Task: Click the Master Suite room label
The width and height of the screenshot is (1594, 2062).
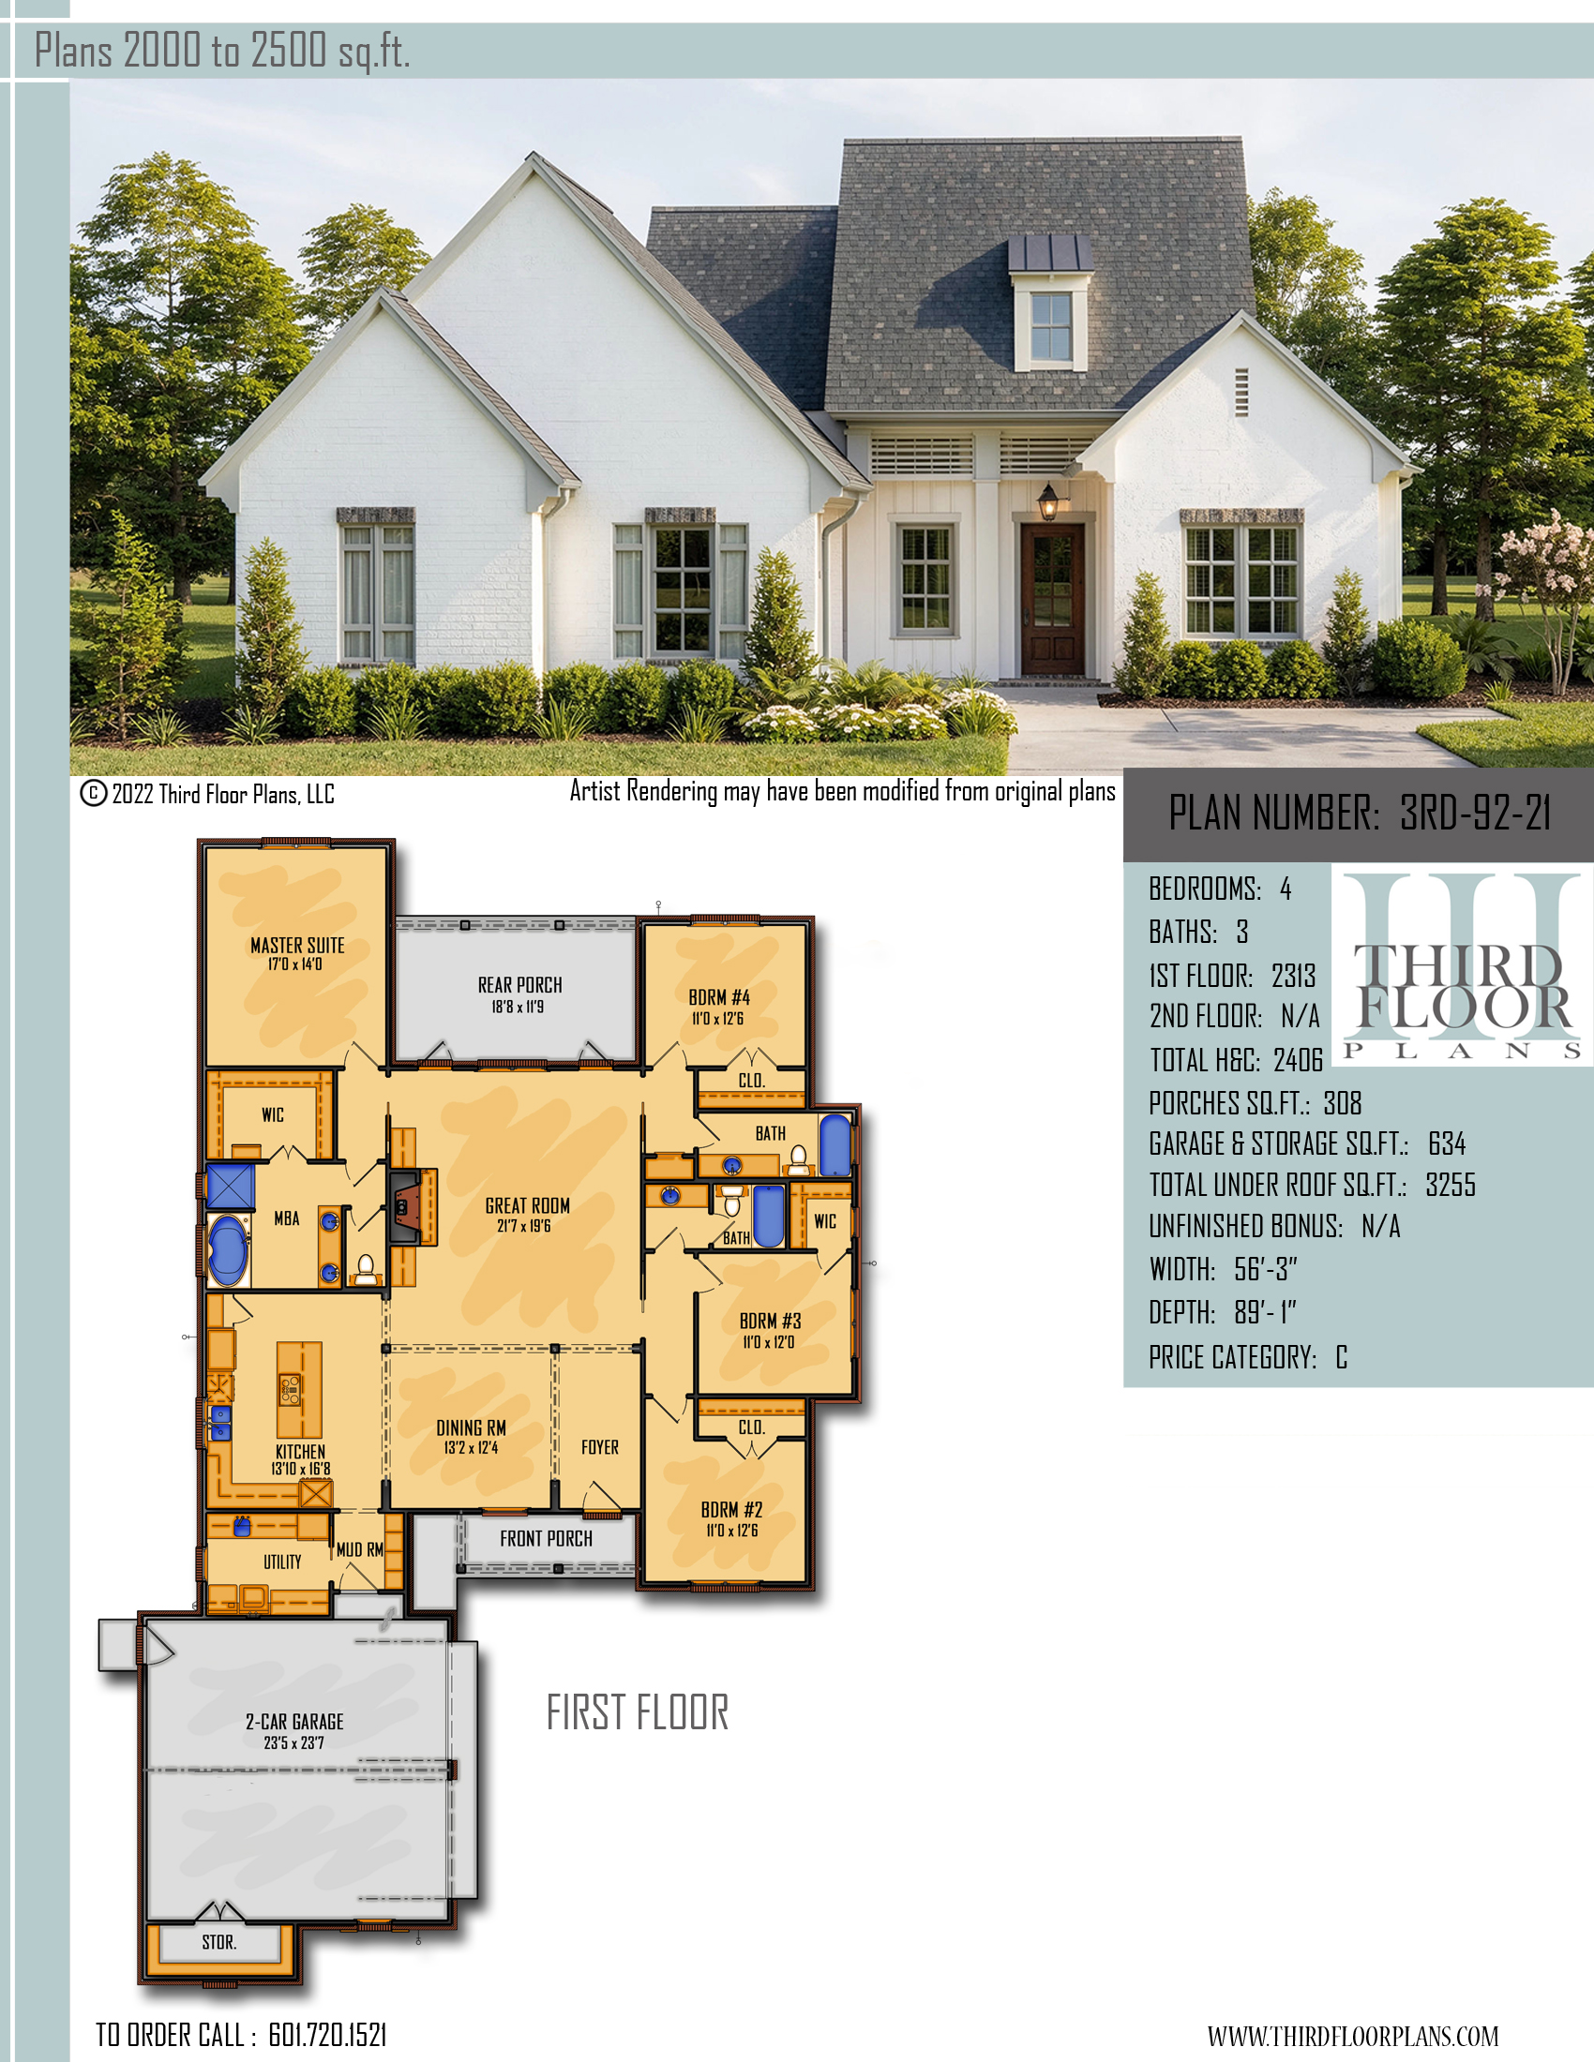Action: [x=297, y=945]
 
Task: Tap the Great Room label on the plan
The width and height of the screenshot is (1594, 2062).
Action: [x=527, y=1205]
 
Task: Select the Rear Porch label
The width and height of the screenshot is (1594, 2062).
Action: [x=519, y=985]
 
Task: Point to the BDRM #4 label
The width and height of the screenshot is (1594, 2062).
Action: [x=718, y=997]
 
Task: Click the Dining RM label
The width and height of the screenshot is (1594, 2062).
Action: [x=471, y=1427]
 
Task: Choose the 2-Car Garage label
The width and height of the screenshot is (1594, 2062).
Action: [x=294, y=1721]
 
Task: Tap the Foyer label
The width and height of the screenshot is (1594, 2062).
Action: [x=600, y=1447]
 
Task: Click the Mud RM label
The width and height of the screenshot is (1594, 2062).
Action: [x=360, y=1549]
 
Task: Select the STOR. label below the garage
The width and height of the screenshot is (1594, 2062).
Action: [x=219, y=1942]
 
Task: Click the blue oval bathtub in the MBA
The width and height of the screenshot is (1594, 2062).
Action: [x=228, y=1251]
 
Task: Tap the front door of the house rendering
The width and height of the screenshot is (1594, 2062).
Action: [x=1052, y=599]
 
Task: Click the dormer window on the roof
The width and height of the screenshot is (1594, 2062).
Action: [x=1051, y=327]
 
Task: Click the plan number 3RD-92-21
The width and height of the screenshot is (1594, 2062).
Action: [x=1475, y=813]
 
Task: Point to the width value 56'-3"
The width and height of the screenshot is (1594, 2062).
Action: [x=1266, y=1269]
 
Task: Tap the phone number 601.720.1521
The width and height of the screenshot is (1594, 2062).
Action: [x=327, y=2035]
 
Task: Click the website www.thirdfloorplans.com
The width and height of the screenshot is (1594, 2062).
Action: [x=1352, y=2036]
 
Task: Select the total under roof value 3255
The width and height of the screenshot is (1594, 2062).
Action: [x=1451, y=1185]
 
